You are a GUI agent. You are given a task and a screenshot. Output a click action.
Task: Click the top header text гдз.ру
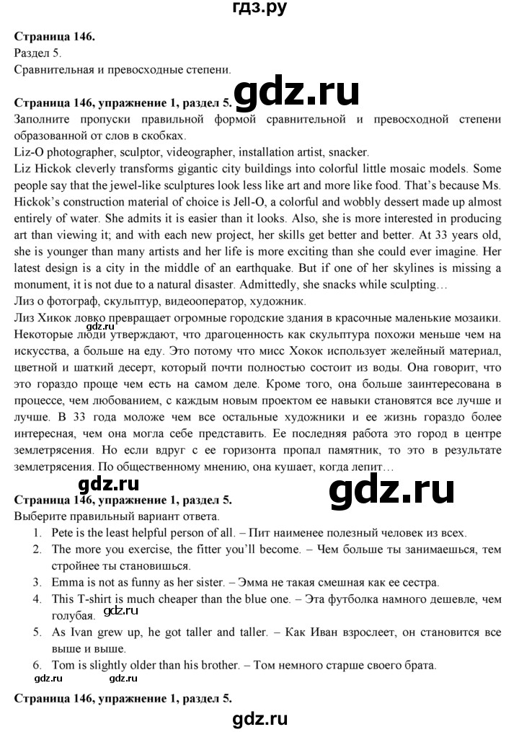click(x=259, y=10)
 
